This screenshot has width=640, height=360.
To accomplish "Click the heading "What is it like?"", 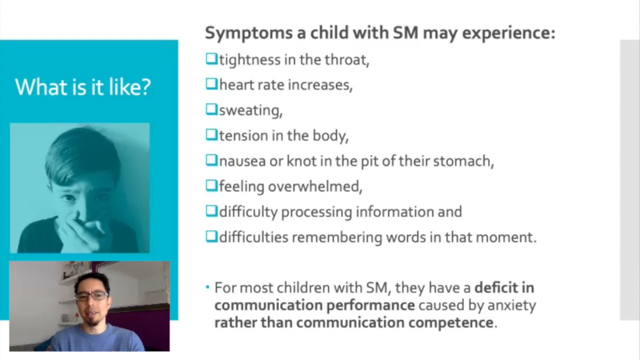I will (82, 87).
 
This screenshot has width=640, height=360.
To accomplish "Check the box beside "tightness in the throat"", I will (211, 59).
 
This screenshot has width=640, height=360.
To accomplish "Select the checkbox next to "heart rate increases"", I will (211, 84).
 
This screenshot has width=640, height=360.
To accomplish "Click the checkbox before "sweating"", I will (211, 109).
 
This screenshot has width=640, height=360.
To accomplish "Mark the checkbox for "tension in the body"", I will (211, 135).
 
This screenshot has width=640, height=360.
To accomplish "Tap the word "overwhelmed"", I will (314, 186).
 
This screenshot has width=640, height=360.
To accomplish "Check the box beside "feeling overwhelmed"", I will (211, 186).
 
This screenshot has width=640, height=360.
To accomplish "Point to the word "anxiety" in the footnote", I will (511, 305).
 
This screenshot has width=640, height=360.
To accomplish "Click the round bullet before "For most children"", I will (208, 288).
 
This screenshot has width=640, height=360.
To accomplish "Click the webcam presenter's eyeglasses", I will (91, 295).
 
